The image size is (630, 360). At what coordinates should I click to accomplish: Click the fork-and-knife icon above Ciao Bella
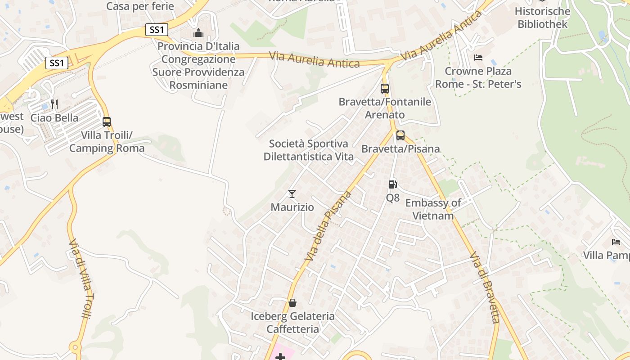[x=54, y=104]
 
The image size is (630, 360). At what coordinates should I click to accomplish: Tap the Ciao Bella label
[x=54, y=118]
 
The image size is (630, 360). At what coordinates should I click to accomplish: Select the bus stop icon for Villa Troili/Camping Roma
[x=107, y=121]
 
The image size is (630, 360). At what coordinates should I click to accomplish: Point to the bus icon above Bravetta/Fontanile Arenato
[x=385, y=88]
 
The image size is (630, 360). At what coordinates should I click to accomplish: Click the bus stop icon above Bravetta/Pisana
[x=400, y=135]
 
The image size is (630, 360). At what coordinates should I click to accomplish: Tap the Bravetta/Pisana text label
[x=400, y=148]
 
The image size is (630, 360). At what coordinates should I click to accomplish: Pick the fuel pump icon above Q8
[x=393, y=184]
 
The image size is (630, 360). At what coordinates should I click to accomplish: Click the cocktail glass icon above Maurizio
[x=292, y=194]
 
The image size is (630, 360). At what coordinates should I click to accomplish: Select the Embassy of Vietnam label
[x=433, y=209]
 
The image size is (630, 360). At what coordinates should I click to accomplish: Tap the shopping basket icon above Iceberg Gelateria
[x=292, y=303]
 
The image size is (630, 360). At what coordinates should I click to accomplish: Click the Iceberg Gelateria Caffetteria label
[x=292, y=323]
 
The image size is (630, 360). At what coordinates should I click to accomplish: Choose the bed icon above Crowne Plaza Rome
[x=478, y=58]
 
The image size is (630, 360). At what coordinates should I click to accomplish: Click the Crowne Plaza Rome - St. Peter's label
[x=478, y=77]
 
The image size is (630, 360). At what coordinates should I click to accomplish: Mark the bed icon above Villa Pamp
[x=616, y=242]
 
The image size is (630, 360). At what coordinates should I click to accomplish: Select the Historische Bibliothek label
[x=542, y=18]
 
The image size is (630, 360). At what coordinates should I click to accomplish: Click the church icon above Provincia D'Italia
[x=198, y=33]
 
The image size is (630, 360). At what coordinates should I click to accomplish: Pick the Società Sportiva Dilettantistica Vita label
[x=309, y=150]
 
